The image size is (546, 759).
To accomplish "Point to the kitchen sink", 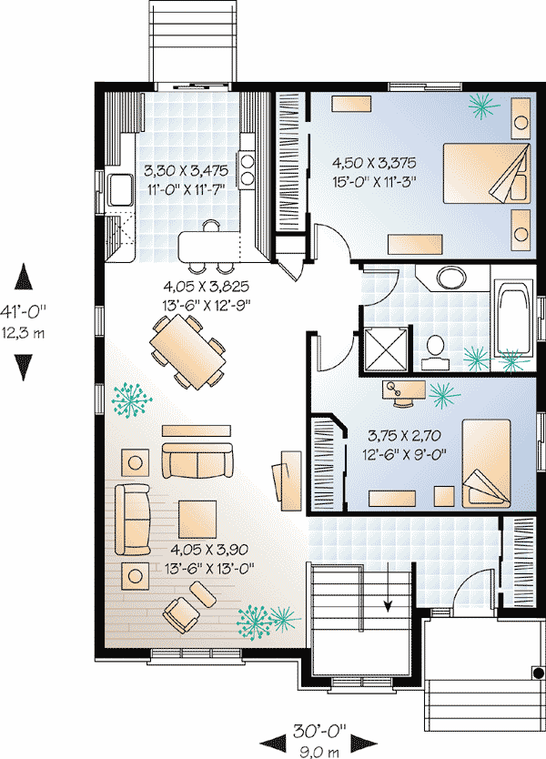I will coord(120,190).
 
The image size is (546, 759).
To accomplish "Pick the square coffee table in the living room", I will coord(197,520).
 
